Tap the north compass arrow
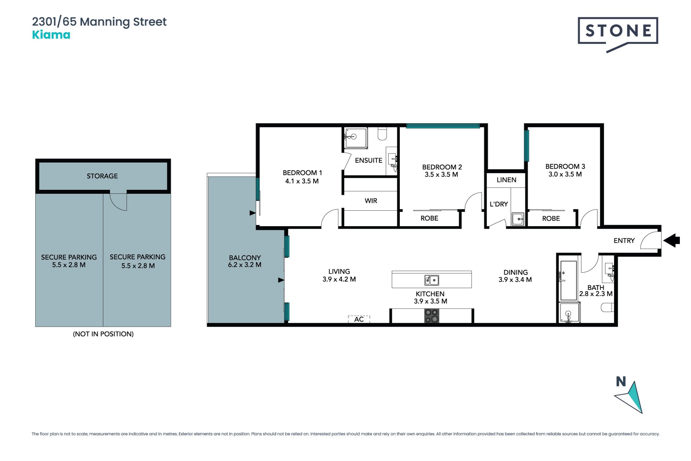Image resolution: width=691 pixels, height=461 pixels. (630, 397)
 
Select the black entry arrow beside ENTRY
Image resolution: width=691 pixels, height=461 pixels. (672, 240)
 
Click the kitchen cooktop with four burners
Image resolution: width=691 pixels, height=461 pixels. (432, 316)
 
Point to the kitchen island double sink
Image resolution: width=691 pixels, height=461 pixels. (432, 280)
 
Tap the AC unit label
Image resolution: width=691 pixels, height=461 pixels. (359, 319)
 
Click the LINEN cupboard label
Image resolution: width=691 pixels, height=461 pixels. (506, 180)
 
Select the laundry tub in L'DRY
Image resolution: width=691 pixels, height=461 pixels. (518, 219)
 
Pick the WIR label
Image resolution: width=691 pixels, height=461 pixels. (371, 201)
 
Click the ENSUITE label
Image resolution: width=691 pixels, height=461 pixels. (369, 160)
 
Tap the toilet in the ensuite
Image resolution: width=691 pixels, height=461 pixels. (382, 134)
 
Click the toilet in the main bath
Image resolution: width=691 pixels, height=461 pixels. (608, 307)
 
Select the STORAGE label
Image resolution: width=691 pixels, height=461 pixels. (102, 176)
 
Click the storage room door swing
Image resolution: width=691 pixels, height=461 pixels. (118, 202)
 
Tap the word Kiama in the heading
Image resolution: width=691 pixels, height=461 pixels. (51, 35)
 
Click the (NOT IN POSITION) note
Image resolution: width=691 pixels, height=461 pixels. (103, 334)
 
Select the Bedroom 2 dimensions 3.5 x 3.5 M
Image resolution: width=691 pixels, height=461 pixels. (441, 175)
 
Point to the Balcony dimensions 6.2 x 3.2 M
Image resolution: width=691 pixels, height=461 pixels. (245, 265)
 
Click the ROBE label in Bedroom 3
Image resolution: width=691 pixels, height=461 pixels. (551, 218)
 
